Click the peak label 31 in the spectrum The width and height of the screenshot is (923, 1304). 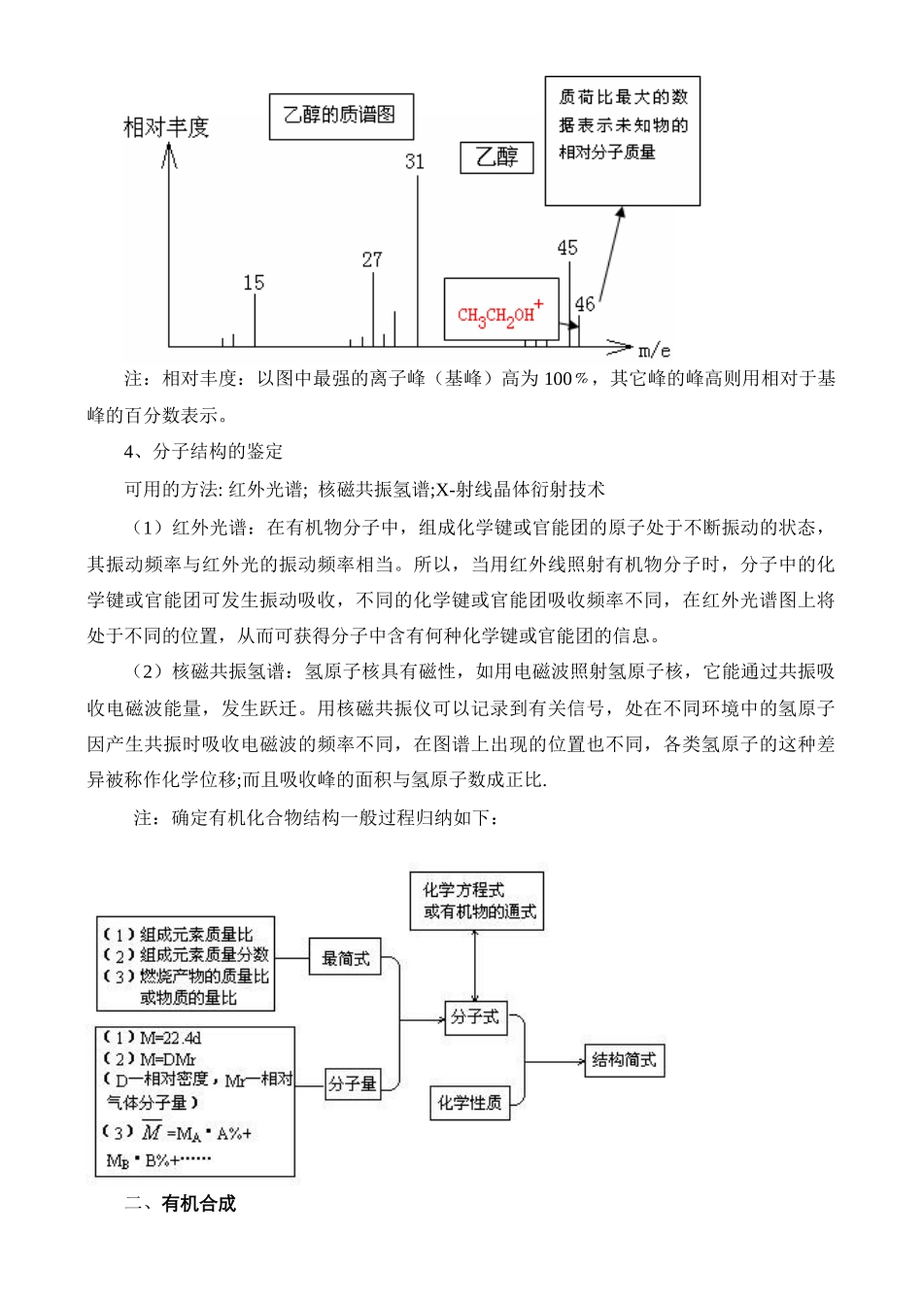coord(415,161)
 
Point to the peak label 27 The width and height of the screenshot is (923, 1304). coord(372,259)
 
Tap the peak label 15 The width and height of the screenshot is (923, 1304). coord(254,283)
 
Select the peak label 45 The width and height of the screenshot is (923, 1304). coord(567,248)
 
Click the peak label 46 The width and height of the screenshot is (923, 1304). coord(585,304)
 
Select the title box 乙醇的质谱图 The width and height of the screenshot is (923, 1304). coord(340,116)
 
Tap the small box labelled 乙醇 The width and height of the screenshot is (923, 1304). coord(497,156)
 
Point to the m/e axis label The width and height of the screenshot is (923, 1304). coord(654,349)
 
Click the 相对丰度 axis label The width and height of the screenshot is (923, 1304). coord(166,127)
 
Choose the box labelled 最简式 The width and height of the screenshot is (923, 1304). coord(346,958)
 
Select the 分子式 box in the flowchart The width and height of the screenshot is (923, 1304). coord(475,1017)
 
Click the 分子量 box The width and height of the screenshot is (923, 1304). coord(352,1082)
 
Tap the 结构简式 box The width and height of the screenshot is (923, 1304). coord(625,1059)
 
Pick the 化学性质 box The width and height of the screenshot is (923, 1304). coord(469,1102)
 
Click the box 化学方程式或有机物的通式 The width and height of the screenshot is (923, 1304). coord(476,901)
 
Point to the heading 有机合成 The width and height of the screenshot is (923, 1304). coord(199,1203)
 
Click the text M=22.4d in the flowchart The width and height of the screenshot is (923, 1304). coord(170,1038)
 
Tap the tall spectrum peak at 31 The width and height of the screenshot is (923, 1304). coord(419,262)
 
